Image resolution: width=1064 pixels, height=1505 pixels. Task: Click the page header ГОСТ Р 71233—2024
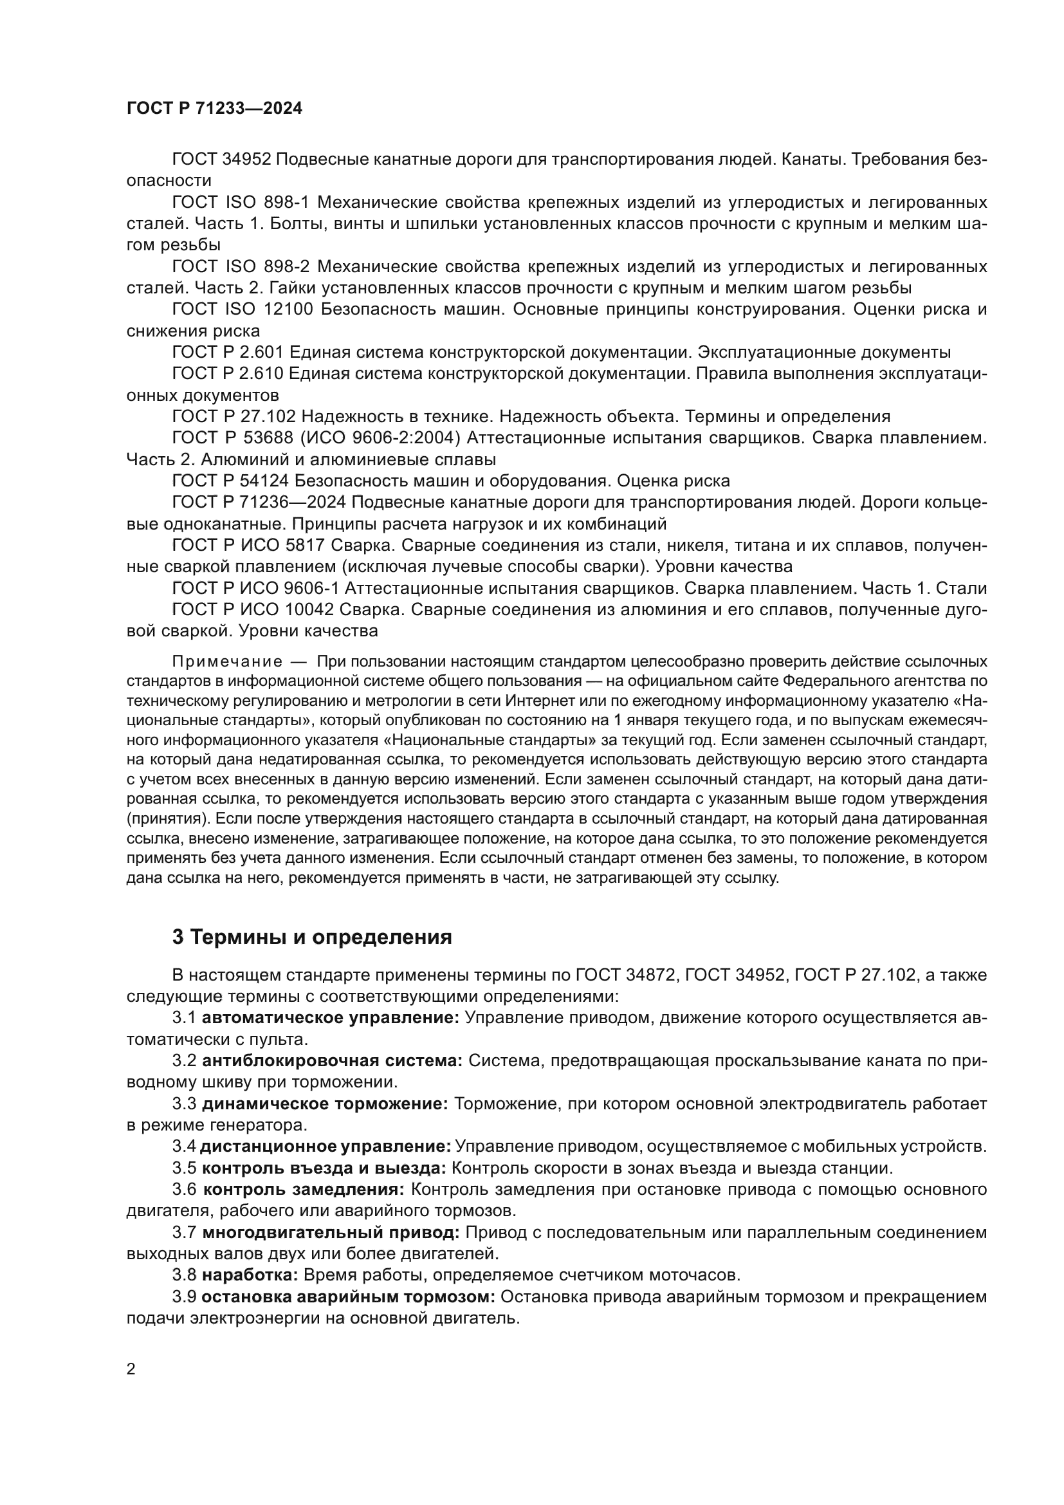tap(214, 109)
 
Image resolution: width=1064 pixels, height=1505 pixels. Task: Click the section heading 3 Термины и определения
tap(312, 937)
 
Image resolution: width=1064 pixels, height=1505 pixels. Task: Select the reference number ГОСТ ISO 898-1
tap(240, 202)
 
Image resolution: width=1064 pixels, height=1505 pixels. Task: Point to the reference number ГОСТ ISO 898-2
tap(240, 266)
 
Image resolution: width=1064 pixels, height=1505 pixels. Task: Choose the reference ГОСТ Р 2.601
tap(227, 352)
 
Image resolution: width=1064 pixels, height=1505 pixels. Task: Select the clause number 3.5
tap(184, 1167)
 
